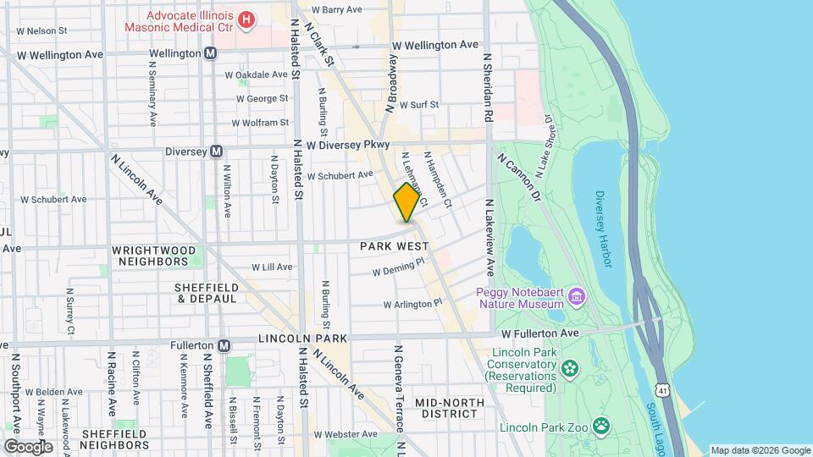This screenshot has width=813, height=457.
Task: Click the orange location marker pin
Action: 407,203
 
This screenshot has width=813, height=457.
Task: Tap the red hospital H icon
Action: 246,19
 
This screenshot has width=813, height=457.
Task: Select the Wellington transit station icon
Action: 210,53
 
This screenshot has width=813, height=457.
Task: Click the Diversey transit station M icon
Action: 217,151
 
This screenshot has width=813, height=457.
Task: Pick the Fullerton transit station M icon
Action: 224,345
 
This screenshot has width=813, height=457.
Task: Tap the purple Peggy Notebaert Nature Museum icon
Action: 577,296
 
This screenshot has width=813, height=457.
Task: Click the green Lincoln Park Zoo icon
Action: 601,425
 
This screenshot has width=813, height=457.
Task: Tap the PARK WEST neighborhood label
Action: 390,247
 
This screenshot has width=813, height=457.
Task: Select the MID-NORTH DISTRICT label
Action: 446,407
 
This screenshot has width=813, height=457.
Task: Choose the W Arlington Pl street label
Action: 412,303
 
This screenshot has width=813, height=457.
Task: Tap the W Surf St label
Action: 415,105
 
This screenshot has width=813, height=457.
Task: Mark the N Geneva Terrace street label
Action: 396,381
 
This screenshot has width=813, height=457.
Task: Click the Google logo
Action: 28,446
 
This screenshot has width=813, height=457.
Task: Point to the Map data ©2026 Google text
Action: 760,450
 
